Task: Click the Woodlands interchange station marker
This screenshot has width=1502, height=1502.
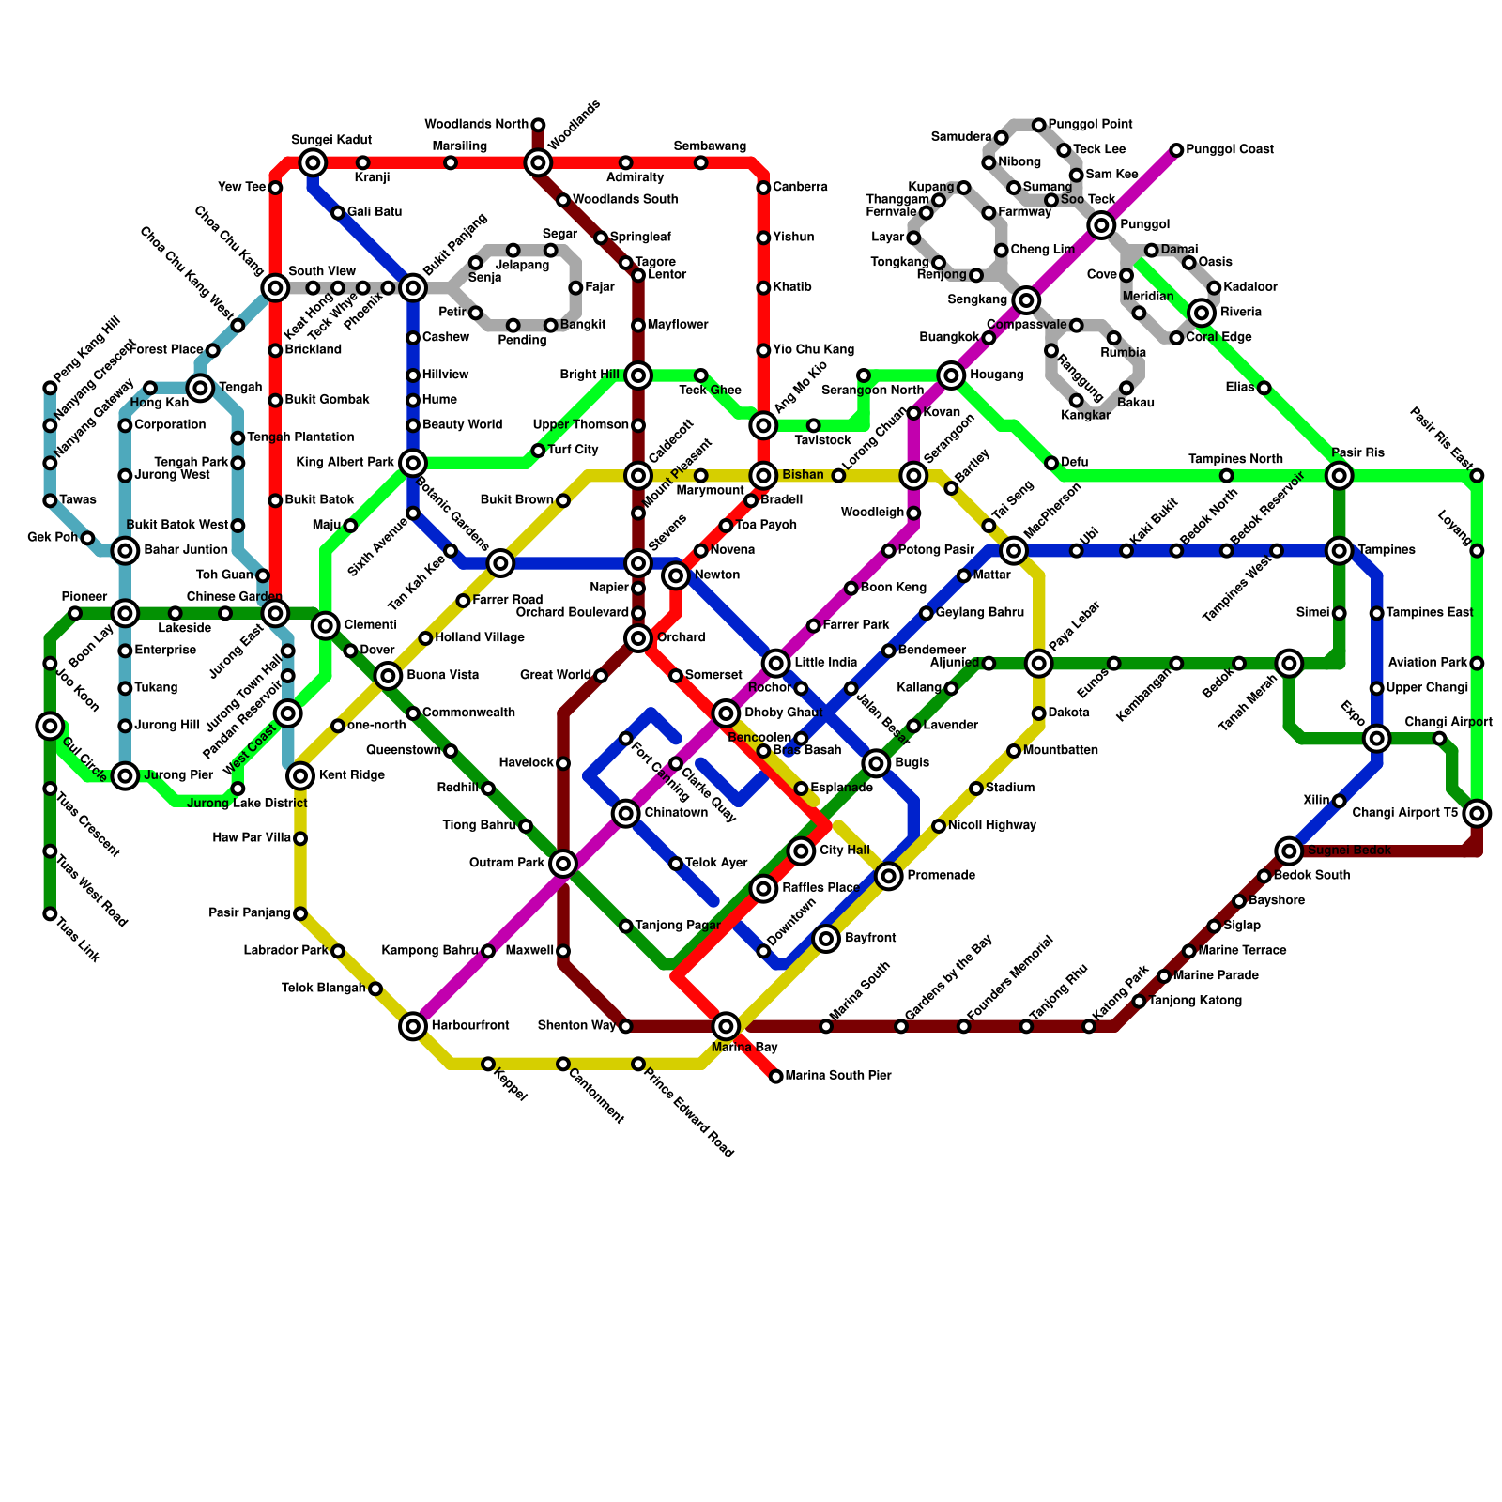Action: [538, 163]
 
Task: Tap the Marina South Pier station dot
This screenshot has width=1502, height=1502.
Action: [775, 1076]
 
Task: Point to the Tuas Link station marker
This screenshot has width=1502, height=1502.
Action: [50, 913]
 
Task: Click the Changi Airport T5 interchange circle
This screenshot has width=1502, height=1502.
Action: [1477, 813]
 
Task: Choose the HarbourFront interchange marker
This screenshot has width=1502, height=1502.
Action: [413, 1026]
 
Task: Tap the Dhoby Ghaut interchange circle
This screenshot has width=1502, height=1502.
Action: [726, 713]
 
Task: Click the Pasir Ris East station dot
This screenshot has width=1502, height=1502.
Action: [1477, 476]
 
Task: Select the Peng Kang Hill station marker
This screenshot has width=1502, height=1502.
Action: [50, 388]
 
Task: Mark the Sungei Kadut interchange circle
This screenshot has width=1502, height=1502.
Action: [314, 163]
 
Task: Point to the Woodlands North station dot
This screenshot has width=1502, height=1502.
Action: [538, 125]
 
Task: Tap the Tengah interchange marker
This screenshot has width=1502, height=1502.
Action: [200, 388]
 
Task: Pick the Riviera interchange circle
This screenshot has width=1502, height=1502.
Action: [1202, 313]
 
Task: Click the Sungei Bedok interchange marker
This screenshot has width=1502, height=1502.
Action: [1289, 851]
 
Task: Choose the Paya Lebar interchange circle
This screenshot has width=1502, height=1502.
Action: [1038, 664]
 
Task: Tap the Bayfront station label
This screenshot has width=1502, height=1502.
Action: [870, 938]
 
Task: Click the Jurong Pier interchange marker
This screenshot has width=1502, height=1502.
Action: [126, 775]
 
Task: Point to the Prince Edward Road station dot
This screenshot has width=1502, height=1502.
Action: [638, 1064]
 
